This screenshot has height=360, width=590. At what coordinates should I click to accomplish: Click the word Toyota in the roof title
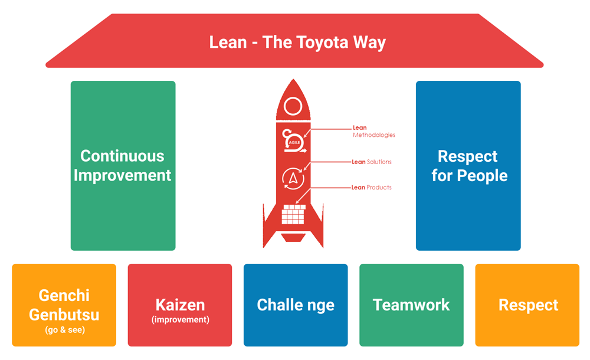[x=323, y=42]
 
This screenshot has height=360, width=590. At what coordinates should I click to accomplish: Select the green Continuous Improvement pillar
[x=123, y=166]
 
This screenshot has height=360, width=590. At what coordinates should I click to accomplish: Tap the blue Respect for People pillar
[x=468, y=166]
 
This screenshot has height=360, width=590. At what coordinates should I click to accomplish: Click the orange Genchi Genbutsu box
[x=64, y=305]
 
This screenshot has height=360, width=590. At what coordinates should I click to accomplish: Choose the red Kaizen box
[x=180, y=305]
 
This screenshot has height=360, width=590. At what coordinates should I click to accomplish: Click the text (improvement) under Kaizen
[x=180, y=319]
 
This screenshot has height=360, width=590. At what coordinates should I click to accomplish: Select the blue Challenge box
[x=296, y=305]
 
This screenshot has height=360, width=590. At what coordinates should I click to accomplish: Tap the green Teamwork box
[x=411, y=305]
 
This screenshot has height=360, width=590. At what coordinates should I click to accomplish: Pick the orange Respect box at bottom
[x=527, y=305]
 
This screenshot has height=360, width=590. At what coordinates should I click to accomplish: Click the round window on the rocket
[x=293, y=107]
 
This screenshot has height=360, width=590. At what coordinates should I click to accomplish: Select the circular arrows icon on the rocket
[x=293, y=178]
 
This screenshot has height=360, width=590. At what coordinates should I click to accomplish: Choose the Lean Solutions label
[x=372, y=162]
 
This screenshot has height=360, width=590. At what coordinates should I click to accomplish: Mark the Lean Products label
[x=372, y=188]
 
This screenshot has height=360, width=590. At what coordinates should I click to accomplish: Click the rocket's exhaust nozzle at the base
[x=293, y=238]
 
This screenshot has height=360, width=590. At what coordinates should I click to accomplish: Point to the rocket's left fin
[x=271, y=227]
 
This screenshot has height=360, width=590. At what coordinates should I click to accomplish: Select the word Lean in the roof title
[x=227, y=42]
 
